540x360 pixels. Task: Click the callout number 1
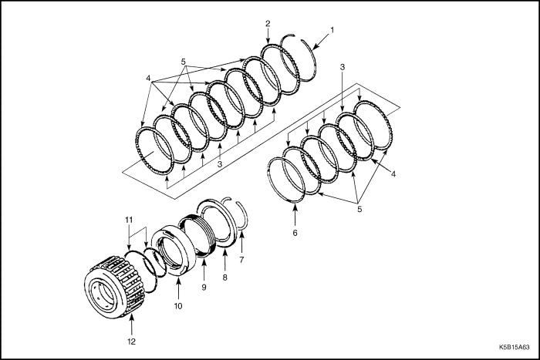(332, 30)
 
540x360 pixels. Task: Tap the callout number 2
(268, 23)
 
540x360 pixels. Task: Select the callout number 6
(295, 233)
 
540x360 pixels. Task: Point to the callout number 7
(241, 260)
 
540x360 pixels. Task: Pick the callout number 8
(225, 277)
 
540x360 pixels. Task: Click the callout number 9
(204, 287)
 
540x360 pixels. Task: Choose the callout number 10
(178, 305)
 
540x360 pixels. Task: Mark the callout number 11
(129, 220)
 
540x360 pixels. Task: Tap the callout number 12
(132, 341)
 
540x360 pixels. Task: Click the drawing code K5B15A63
(515, 348)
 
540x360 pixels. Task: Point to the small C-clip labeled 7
(242, 217)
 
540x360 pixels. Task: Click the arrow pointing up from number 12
(132, 326)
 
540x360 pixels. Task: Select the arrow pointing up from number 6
(295, 216)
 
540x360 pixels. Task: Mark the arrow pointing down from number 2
(268, 36)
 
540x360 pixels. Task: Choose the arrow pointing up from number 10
(178, 288)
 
